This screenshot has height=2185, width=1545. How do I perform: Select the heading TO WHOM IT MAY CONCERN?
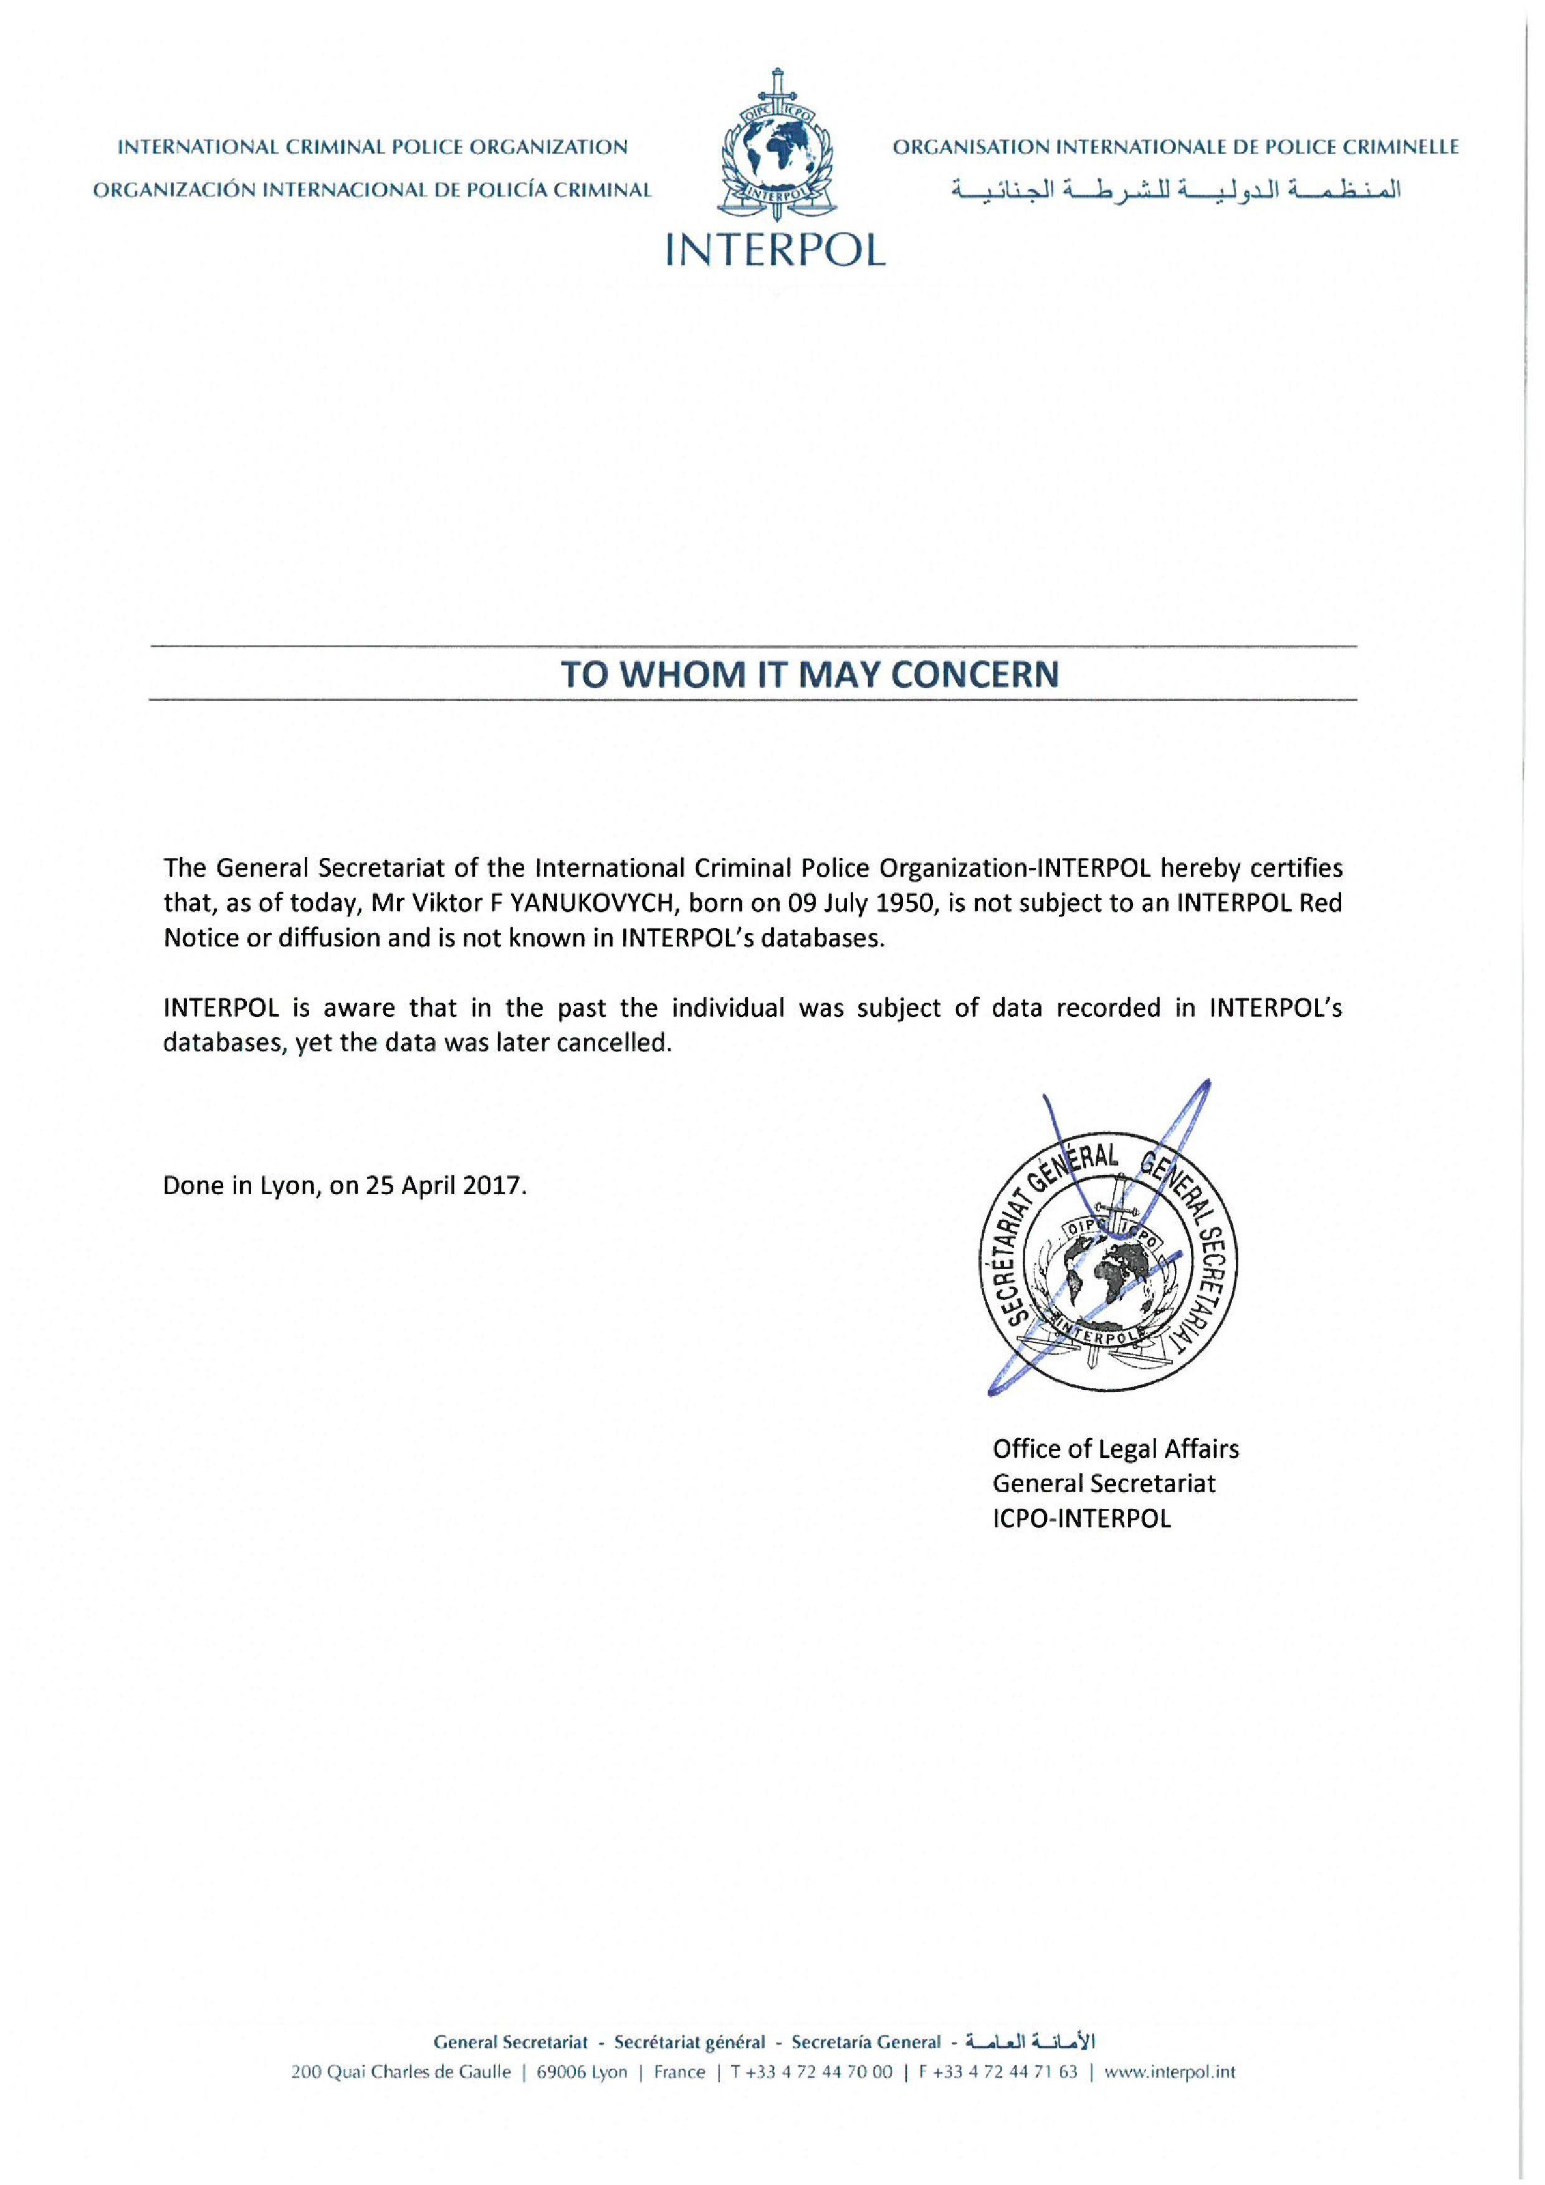(x=809, y=674)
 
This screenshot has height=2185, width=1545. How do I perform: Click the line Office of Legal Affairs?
(x=1115, y=1449)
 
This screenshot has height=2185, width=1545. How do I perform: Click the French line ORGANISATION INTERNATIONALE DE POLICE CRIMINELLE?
(x=1175, y=148)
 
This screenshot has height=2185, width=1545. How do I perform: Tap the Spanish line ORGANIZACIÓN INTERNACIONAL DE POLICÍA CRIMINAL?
(x=372, y=190)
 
